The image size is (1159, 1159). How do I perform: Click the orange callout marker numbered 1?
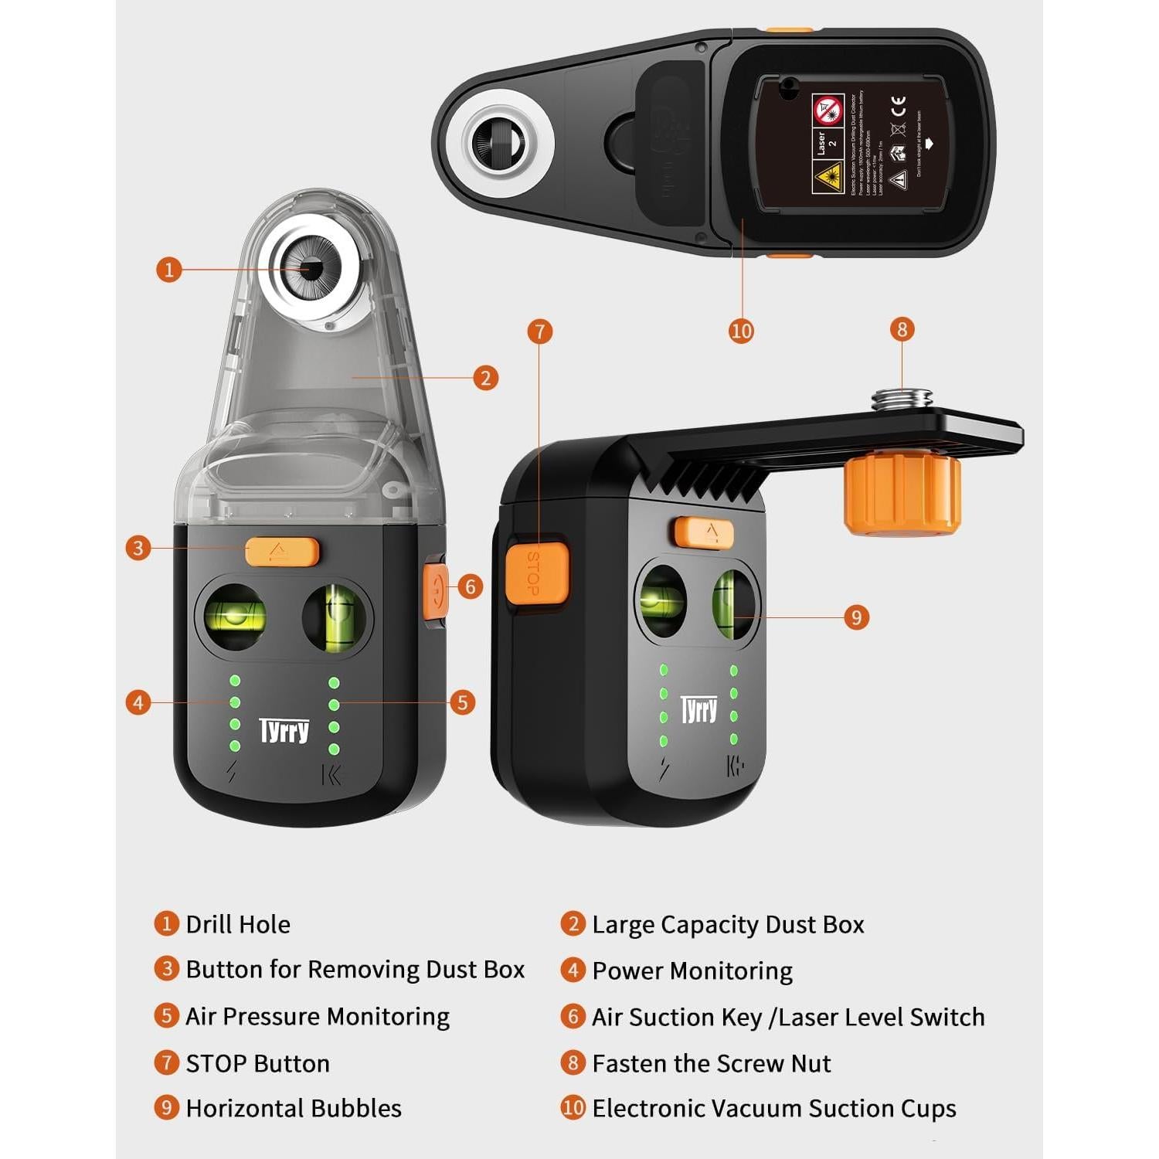[168, 270]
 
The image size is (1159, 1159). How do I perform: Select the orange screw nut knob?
[902, 495]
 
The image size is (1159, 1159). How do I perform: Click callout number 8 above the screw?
[902, 330]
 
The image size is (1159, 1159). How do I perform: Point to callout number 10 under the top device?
[741, 331]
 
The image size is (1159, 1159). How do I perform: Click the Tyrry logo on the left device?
[284, 730]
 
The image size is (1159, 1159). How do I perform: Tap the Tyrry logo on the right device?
[698, 709]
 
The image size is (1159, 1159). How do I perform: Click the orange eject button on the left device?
[281, 551]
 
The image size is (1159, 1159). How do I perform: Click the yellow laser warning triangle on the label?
[826, 177]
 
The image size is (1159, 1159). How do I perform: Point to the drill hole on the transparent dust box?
[311, 268]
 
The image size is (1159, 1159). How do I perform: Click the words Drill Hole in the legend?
[238, 924]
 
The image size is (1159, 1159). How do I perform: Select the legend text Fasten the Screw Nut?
[711, 1063]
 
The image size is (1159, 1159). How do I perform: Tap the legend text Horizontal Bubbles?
[294, 1108]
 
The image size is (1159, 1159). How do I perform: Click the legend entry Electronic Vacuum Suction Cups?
[773, 1108]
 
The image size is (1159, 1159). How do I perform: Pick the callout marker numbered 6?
[470, 586]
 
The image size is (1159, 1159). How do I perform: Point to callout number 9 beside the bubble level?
[855, 617]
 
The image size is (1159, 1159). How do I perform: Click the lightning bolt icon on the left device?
[231, 771]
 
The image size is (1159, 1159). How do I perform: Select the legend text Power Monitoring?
[692, 970]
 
